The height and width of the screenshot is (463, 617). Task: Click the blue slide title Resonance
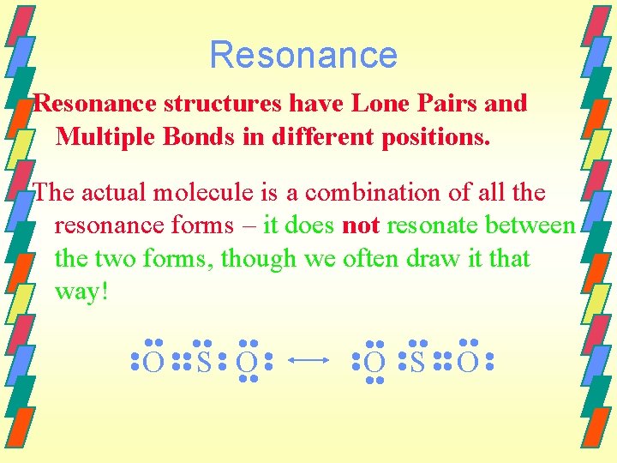click(x=303, y=55)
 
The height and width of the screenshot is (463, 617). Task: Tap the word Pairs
click(x=452, y=104)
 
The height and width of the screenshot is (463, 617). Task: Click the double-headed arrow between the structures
click(x=310, y=363)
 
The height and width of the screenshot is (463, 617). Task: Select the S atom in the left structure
click(x=203, y=364)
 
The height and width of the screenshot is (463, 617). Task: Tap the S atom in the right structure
click(x=417, y=364)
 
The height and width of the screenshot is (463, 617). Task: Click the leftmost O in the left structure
click(x=153, y=364)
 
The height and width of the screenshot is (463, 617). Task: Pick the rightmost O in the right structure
click(x=467, y=364)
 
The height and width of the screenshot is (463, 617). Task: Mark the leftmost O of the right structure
click(x=374, y=364)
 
